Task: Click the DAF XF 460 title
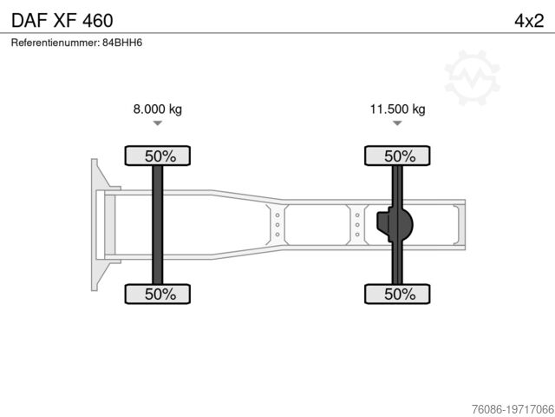(62, 21)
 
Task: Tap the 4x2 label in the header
(529, 21)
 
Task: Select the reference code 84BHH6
(122, 43)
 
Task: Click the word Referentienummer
(55, 43)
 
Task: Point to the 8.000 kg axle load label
(158, 109)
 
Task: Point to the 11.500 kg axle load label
(397, 109)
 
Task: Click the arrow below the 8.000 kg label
(158, 123)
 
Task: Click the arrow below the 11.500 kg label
(397, 123)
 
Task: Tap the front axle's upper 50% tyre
(158, 156)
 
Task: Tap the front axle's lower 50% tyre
(158, 294)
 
